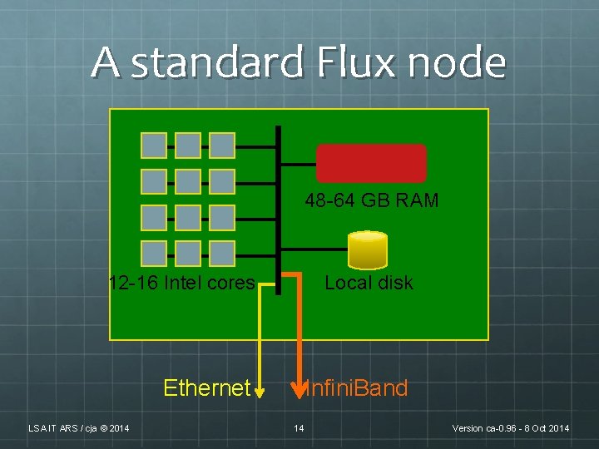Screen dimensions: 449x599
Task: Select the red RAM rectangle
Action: click(x=371, y=163)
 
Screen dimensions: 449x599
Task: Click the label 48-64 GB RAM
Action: click(x=371, y=200)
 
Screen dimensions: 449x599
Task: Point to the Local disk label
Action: click(x=369, y=283)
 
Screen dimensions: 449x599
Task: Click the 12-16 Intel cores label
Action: click(x=181, y=283)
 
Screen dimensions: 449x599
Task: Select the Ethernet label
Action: click(x=206, y=388)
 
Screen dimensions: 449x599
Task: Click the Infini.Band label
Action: click(x=356, y=388)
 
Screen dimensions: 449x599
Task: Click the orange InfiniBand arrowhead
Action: click(x=299, y=385)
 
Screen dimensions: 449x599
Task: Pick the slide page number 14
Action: click(x=299, y=428)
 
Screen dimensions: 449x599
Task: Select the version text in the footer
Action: click(x=510, y=428)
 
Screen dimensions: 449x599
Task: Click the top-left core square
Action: click(x=154, y=146)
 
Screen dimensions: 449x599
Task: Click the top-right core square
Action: click(x=222, y=146)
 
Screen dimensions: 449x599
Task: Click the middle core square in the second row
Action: click(x=188, y=181)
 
